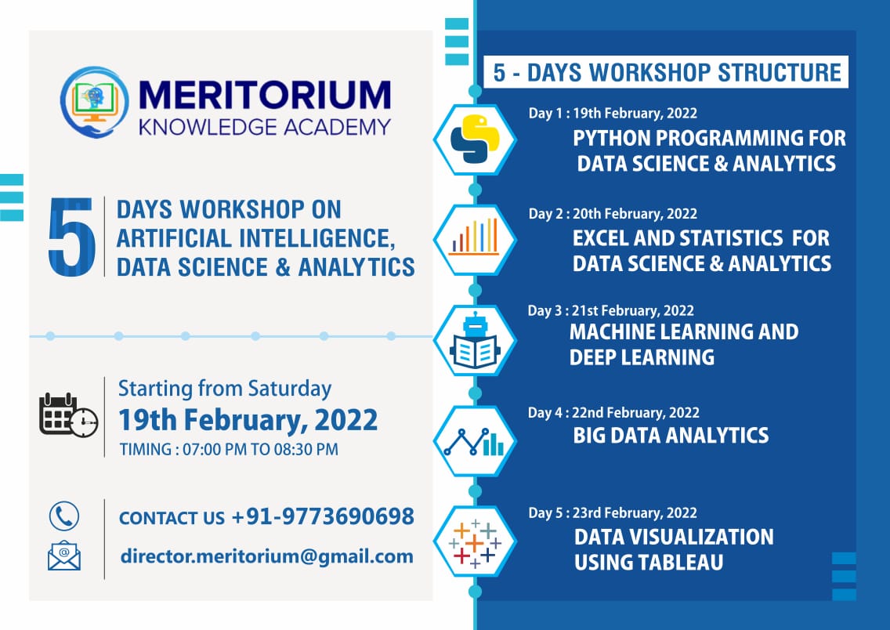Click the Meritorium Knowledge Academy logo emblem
94,102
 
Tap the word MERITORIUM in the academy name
265,95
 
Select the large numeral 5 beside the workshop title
71,237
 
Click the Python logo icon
475,139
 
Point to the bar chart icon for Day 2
475,237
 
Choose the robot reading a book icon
475,340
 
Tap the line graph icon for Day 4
475,442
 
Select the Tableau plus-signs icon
475,542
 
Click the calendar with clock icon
68,415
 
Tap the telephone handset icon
64,516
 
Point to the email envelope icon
64,556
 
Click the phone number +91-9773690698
323,516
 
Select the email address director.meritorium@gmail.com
267,556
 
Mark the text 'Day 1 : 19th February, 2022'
613,113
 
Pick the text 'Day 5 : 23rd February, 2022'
613,513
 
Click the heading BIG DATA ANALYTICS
671,436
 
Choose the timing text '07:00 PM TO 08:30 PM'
261,450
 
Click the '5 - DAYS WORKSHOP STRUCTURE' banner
666,72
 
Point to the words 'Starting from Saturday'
225,389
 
